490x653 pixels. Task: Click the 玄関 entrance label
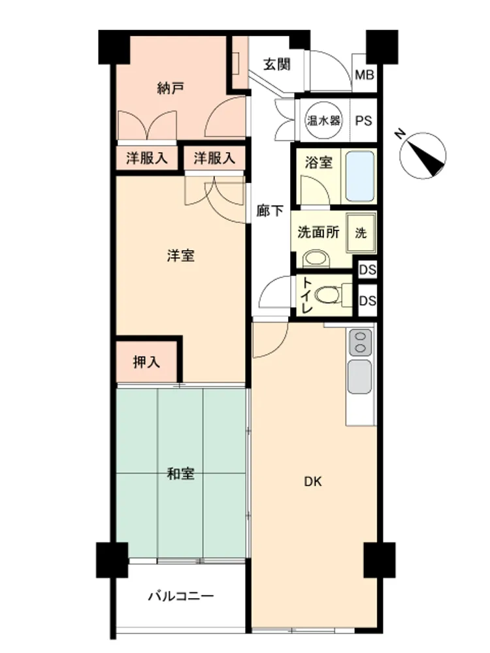[276, 65]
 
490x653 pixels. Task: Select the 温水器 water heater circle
[324, 121]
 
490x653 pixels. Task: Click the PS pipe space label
[363, 121]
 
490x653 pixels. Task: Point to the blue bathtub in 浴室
[360, 176]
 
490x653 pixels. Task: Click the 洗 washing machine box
[361, 232]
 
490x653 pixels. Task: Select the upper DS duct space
[367, 270]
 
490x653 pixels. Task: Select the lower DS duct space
[367, 300]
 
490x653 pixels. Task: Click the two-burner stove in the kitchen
[360, 342]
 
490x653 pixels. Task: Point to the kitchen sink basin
[359, 377]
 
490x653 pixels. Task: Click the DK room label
[313, 482]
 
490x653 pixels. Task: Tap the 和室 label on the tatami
[180, 473]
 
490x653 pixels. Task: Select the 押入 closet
[146, 362]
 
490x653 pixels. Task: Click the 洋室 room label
[180, 255]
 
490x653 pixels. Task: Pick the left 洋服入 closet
[146, 158]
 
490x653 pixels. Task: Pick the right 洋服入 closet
[214, 158]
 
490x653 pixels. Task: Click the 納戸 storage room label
[171, 88]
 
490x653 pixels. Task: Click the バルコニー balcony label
[181, 596]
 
